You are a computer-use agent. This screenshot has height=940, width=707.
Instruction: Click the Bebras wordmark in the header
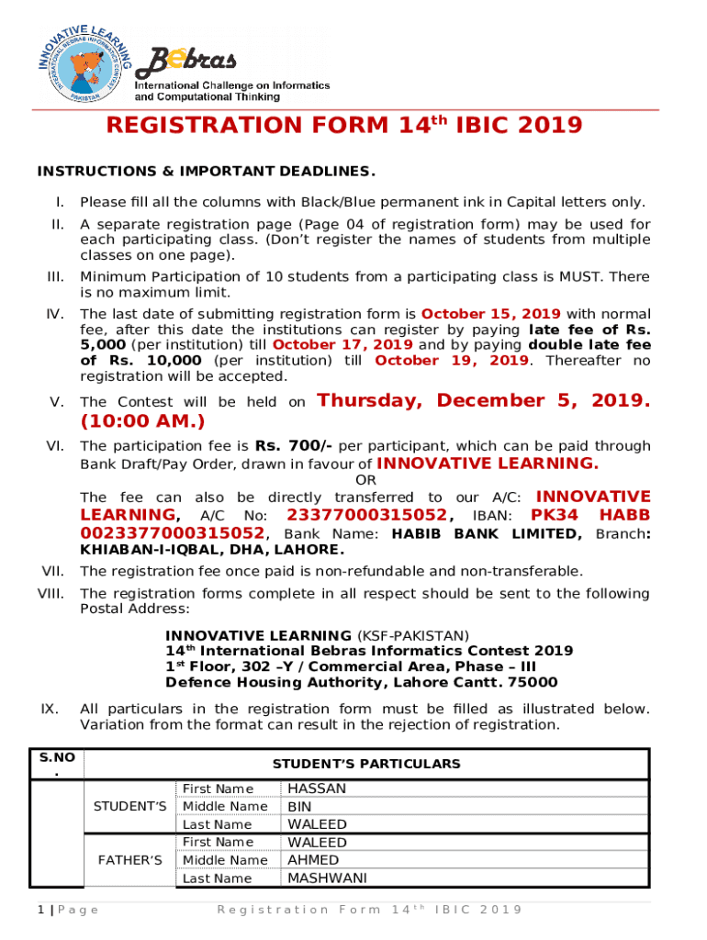coord(187,61)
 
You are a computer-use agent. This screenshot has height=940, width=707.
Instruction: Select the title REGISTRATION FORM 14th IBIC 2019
coord(344,126)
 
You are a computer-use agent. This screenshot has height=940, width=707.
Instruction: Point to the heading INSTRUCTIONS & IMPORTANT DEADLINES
coord(206,172)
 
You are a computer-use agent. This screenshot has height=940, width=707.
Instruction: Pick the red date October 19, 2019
coord(451,360)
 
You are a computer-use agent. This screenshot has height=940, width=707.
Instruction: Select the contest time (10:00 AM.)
coord(142,421)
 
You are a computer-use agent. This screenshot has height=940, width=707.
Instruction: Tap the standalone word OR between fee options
coord(365,480)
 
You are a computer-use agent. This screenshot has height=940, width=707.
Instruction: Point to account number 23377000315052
coord(367,514)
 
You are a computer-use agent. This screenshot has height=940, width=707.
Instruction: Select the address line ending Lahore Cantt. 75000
coord(361,682)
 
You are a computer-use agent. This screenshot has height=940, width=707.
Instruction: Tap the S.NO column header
coord(57,764)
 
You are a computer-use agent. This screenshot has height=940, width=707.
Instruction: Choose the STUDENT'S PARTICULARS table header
coord(366,764)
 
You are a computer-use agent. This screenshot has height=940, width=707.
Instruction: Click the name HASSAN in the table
coord(317,789)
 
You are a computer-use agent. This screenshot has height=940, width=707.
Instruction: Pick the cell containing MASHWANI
coord(327,878)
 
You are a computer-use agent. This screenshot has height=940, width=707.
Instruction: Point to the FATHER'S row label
coord(129,860)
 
